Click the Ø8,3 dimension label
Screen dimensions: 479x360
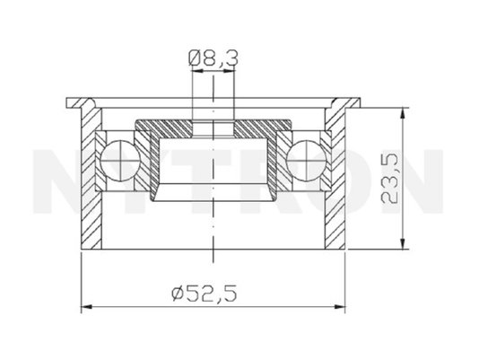click(x=213, y=58)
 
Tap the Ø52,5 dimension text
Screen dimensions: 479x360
click(x=205, y=294)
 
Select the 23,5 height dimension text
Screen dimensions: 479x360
click(x=389, y=179)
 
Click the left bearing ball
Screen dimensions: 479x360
click(x=120, y=161)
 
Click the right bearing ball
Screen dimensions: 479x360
click(x=307, y=161)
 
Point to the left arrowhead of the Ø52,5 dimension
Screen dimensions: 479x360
click(x=87, y=306)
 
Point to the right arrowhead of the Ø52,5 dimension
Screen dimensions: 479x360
click(x=339, y=306)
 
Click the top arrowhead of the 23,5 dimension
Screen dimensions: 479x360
click(x=404, y=113)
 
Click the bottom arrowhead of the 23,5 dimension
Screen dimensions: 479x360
click(x=404, y=243)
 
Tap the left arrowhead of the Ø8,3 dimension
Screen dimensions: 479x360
click(x=197, y=71)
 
